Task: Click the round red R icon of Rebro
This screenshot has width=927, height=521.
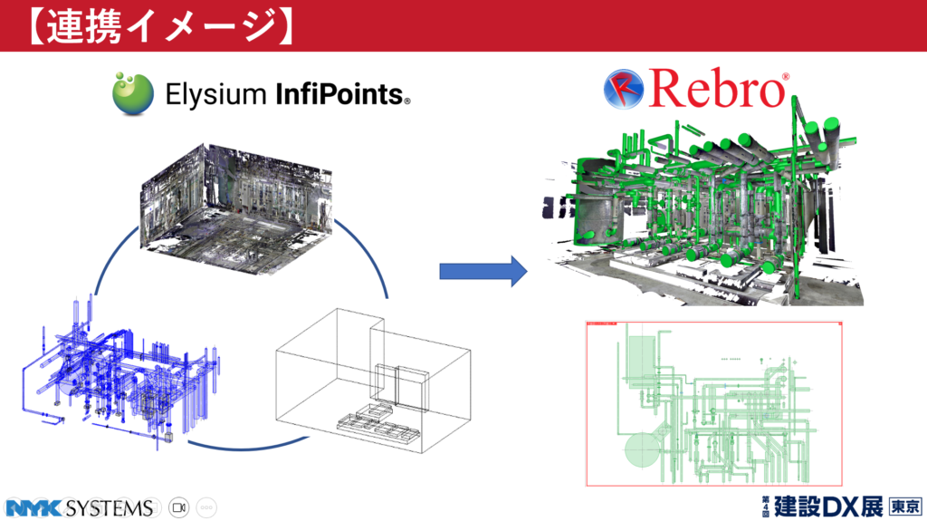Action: [623, 90]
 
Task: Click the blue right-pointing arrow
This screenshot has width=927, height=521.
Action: [483, 269]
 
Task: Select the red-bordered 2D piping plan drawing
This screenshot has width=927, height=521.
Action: [714, 403]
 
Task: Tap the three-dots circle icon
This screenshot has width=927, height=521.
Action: [205, 507]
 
